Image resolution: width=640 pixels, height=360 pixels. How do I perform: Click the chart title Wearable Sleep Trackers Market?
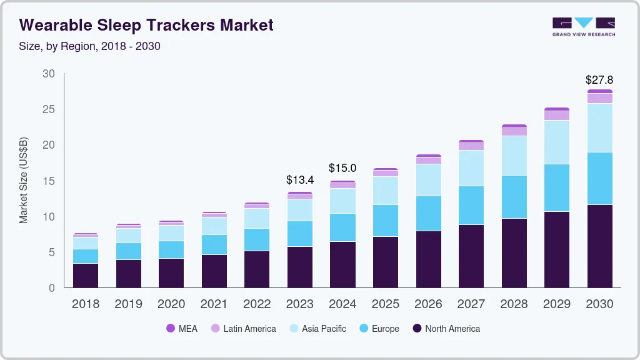[x=146, y=25]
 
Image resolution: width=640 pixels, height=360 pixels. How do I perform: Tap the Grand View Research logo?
[x=583, y=26]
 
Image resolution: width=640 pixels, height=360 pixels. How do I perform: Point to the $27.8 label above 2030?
[x=599, y=80]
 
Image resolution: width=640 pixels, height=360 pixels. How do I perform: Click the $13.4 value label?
[x=299, y=180]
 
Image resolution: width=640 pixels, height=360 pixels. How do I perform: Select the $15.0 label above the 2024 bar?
[x=342, y=168]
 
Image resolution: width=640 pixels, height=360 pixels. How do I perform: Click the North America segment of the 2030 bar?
[x=599, y=246]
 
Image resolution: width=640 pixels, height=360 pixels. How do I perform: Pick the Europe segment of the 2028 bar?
[x=514, y=197]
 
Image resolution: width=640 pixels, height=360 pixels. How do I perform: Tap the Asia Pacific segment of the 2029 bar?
[x=556, y=142]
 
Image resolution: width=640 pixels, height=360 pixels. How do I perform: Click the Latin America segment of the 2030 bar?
[x=599, y=98]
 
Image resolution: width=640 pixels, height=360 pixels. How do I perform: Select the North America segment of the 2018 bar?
[x=85, y=276]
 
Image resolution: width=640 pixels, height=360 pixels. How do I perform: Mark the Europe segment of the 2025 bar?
[x=385, y=221]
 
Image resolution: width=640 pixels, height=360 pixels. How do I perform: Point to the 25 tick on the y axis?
[x=48, y=109]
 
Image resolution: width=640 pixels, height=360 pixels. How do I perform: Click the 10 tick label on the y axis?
[x=48, y=217]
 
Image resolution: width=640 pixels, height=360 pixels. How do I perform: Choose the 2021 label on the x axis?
[x=214, y=304]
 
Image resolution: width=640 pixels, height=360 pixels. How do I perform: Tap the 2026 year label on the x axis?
[x=428, y=304]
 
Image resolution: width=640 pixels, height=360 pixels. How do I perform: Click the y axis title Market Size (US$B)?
[x=24, y=180]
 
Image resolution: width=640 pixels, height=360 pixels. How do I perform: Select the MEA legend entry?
[x=181, y=329]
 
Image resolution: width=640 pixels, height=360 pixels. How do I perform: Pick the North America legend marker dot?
[x=416, y=329]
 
